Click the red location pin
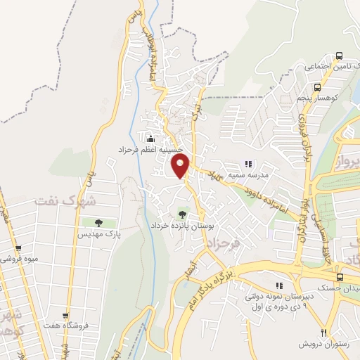point(181,167)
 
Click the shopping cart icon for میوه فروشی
point(18,248)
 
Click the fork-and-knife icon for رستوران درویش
point(324,333)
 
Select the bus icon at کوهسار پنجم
point(318,88)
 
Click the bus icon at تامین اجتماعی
point(340,56)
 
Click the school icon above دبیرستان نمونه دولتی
point(279,285)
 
